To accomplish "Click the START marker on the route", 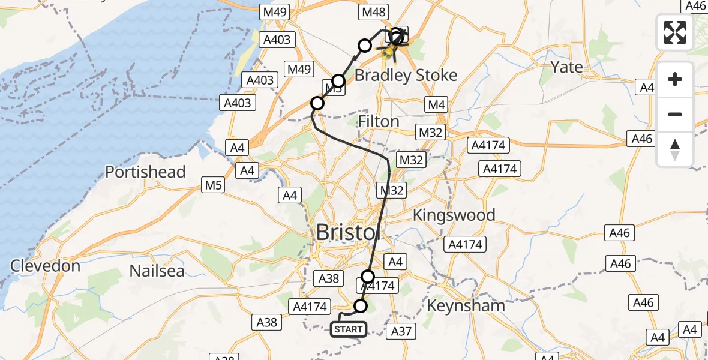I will click(x=348, y=329).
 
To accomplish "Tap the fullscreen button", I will click(x=675, y=32).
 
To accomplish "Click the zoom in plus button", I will click(x=675, y=79).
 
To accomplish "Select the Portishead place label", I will click(x=145, y=172).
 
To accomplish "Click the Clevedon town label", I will click(x=45, y=266).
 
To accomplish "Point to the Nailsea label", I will click(x=157, y=271).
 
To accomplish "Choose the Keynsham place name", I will click(x=466, y=305).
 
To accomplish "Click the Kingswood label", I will click(x=454, y=215).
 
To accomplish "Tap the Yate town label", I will click(x=566, y=67).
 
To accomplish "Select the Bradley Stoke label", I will click(x=406, y=76).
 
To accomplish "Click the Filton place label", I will click(x=378, y=122).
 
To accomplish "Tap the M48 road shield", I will click(x=374, y=12).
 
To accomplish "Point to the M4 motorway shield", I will click(x=437, y=106).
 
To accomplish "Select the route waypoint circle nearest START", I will click(x=361, y=306).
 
